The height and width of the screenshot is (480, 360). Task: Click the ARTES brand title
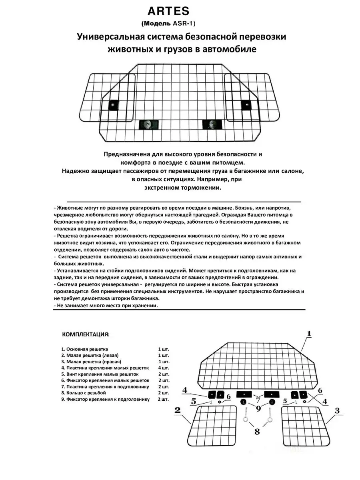(x=180, y=11)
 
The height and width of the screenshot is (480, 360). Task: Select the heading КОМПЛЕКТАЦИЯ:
(x=86, y=334)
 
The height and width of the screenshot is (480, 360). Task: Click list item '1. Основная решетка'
(x=85, y=349)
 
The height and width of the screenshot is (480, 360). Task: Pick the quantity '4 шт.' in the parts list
(x=164, y=368)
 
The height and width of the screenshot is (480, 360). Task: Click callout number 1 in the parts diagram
(x=309, y=333)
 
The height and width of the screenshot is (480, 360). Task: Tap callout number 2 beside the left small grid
(x=178, y=410)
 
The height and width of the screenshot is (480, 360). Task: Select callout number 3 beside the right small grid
(x=337, y=411)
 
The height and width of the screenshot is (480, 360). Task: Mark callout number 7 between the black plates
(x=257, y=400)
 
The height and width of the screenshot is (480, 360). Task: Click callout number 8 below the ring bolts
(x=257, y=431)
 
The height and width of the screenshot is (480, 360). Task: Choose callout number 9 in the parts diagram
(x=257, y=408)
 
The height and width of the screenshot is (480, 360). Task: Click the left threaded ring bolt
(x=245, y=416)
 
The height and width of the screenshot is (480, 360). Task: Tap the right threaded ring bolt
(x=268, y=416)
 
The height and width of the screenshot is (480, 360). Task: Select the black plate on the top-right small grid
(x=246, y=105)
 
